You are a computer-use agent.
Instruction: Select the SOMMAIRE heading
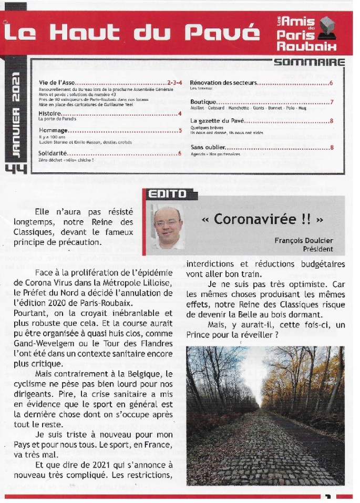click(x=309, y=63)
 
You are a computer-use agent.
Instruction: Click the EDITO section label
click(x=167, y=194)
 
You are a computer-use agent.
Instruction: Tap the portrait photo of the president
click(x=168, y=227)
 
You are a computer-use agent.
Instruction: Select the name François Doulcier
click(x=303, y=240)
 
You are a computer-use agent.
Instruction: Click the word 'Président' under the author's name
click(x=317, y=249)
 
